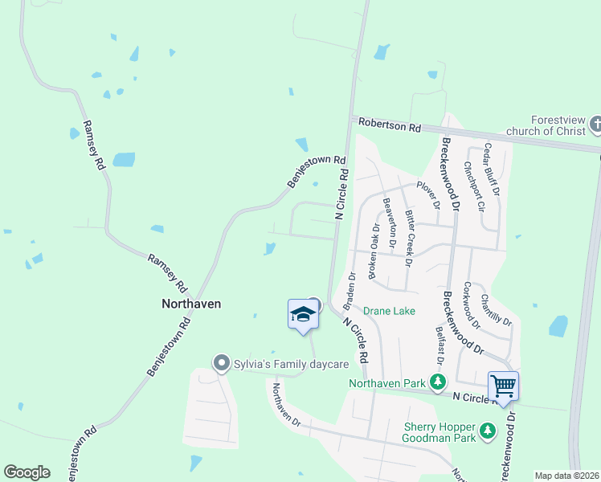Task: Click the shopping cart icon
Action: [503, 386]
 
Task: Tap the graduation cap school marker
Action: [303, 314]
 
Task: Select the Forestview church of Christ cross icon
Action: [595, 124]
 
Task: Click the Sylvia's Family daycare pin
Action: [221, 364]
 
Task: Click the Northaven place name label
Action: [191, 304]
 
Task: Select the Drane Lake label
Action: [389, 310]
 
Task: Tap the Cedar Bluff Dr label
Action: [492, 170]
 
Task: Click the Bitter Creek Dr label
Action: [409, 238]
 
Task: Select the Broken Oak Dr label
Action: [374, 251]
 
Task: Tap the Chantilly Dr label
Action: [497, 309]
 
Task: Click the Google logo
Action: [27, 472]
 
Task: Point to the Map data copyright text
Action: [566, 476]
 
